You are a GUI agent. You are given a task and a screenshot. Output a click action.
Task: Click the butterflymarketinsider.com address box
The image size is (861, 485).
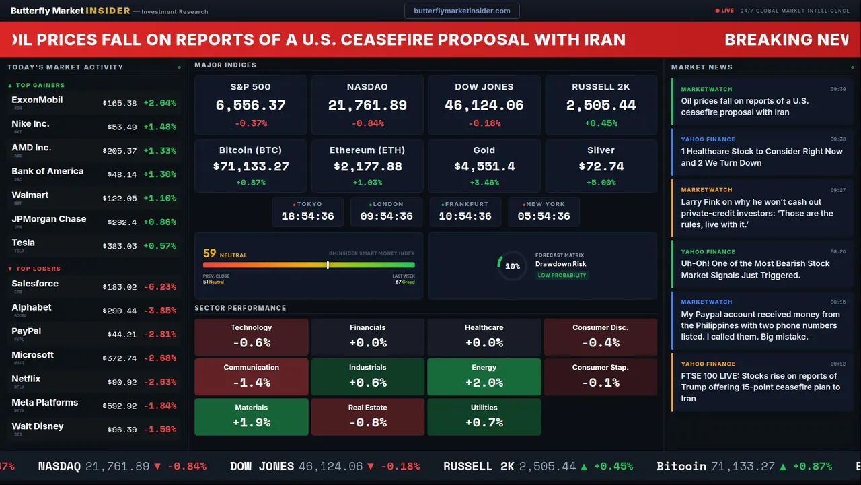pyautogui.click(x=461, y=11)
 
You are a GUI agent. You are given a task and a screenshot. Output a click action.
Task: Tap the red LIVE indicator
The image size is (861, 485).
pyautogui.click(x=725, y=11)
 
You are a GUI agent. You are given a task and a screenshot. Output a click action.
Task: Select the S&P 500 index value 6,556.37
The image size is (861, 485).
pyautogui.click(x=250, y=106)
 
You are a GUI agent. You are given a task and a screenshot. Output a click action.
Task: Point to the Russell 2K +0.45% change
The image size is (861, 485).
pyautogui.click(x=601, y=123)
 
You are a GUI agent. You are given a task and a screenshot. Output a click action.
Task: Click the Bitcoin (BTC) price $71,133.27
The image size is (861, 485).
pyautogui.click(x=250, y=166)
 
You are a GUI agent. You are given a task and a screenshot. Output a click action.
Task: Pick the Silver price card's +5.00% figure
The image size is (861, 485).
pyautogui.click(x=601, y=183)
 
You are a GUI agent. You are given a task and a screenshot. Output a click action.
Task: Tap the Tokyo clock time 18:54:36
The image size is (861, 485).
pyautogui.click(x=307, y=216)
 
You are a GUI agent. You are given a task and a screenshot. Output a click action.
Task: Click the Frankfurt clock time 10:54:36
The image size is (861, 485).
pyautogui.click(x=465, y=216)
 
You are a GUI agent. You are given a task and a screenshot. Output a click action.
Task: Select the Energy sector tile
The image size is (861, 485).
pyautogui.click(x=484, y=377)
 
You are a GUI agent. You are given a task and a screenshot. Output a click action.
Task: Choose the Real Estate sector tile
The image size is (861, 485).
pyautogui.click(x=367, y=416)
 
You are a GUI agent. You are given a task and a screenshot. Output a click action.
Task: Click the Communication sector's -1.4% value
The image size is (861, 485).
pyautogui.click(x=251, y=383)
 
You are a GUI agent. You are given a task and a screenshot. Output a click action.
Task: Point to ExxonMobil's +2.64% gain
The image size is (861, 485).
pyautogui.click(x=159, y=103)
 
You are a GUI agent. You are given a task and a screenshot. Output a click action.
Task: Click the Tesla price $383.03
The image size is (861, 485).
pyautogui.click(x=120, y=247)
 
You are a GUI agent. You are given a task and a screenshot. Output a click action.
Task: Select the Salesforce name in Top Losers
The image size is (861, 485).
pyautogui.click(x=35, y=284)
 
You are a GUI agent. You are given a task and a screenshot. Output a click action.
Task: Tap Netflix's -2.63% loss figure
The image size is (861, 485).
pyautogui.click(x=159, y=383)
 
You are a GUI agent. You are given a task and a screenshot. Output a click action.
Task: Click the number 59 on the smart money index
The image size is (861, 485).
pyautogui.click(x=210, y=253)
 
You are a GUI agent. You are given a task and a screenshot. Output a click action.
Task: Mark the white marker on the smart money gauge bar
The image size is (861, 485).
pyautogui.click(x=328, y=265)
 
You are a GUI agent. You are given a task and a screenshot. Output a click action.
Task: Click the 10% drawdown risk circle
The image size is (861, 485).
pyautogui.click(x=512, y=266)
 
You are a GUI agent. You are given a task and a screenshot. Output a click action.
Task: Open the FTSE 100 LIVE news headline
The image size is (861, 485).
pyautogui.click(x=760, y=387)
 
